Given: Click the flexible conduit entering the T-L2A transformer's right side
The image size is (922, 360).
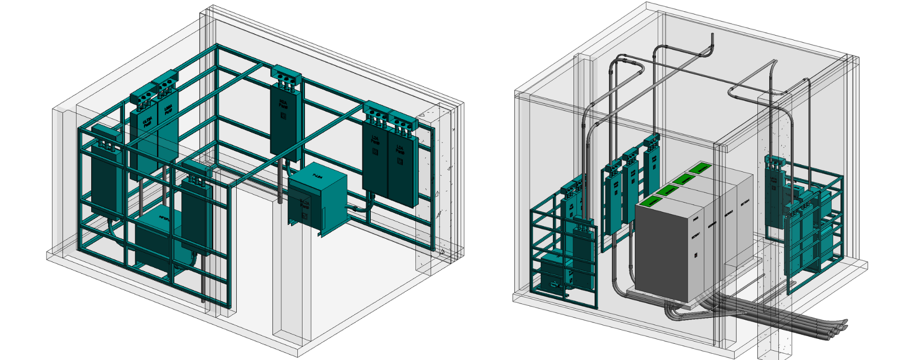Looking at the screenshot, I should coord(356,208).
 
